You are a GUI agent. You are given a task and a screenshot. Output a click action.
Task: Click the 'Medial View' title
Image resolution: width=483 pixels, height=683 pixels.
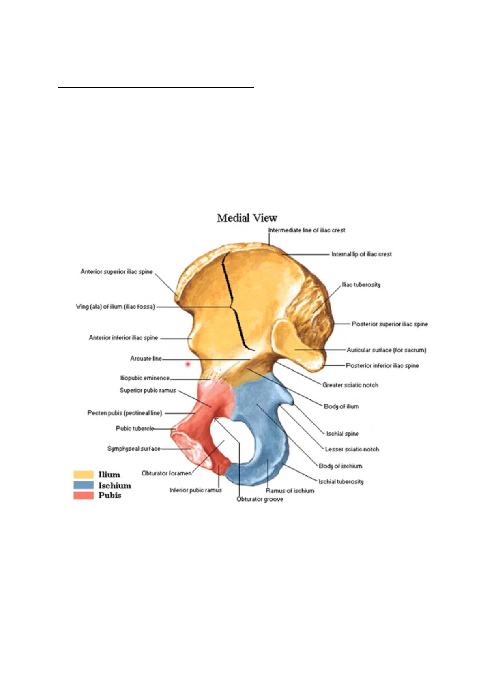247,218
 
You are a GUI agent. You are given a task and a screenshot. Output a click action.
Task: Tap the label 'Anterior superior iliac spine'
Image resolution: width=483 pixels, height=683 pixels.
116,272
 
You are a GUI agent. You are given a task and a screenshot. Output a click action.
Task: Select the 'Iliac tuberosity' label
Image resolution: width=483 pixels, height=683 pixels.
361,285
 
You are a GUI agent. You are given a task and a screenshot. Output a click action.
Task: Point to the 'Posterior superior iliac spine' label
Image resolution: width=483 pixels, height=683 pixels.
389,324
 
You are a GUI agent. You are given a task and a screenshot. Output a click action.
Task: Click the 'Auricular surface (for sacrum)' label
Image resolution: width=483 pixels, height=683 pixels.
386,350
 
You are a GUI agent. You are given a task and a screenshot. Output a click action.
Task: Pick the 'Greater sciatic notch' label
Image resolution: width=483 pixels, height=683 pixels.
350,385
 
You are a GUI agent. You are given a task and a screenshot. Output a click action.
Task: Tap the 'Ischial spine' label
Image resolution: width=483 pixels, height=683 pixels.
342,434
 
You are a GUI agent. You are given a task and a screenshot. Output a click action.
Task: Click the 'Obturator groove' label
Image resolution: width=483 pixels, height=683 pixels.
260,499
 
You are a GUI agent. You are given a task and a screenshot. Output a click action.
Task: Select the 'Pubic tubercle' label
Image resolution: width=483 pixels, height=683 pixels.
135,428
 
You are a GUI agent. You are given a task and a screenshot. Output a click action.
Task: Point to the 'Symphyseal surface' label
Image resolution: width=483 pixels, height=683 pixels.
133,449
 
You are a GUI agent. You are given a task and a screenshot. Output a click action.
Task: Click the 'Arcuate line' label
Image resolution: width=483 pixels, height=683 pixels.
146,359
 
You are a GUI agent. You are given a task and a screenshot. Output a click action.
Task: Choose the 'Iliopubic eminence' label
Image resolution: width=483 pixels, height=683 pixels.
144,378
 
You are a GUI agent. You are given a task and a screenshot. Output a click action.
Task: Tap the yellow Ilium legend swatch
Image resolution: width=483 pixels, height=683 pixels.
83,475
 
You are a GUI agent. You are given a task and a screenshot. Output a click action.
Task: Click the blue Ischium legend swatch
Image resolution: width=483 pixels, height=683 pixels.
83,485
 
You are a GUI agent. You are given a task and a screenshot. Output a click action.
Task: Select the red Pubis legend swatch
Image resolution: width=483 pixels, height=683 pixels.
83,495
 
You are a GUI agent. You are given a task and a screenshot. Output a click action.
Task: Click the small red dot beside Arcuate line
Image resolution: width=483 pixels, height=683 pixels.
188,364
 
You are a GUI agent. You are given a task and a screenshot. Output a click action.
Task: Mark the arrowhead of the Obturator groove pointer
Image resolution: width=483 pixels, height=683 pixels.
215,419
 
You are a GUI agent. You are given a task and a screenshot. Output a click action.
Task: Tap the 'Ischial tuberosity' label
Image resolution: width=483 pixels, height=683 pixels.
341,482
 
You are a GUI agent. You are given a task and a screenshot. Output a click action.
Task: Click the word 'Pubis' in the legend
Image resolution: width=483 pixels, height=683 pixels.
109,495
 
